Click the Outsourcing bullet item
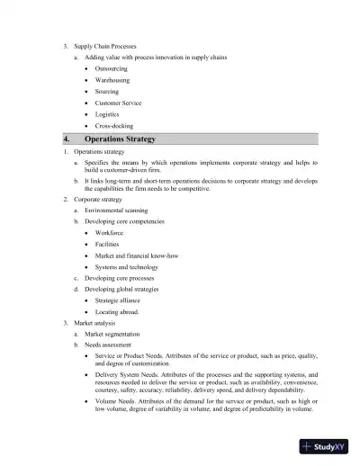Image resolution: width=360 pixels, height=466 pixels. click(111, 68)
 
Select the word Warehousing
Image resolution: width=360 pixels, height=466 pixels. click(112, 80)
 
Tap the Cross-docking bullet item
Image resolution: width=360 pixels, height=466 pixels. click(113, 126)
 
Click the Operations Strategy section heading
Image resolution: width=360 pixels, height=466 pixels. click(120, 139)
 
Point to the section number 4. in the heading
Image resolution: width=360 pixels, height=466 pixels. click(67, 139)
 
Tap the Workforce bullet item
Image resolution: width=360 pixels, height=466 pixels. click(110, 233)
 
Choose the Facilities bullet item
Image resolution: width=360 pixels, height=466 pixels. click(107, 244)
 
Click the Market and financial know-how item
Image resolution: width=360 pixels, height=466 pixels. click(136, 255)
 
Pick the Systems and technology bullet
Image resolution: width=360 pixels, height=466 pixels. click(126, 267)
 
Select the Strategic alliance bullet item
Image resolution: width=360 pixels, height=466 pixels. click(117, 301)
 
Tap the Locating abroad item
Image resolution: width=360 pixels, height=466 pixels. click(117, 312)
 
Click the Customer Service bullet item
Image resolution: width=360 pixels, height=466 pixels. click(118, 103)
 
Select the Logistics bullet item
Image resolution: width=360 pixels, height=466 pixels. click(107, 114)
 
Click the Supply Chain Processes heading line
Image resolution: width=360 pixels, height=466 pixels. click(101, 45)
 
